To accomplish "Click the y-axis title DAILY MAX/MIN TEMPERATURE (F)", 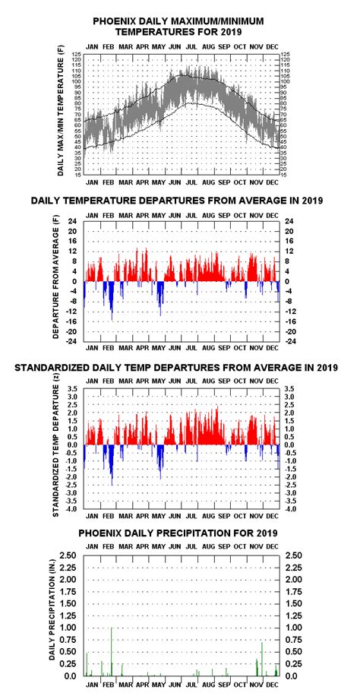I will click(60, 111).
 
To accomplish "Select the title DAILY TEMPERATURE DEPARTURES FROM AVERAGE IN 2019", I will click(179, 201).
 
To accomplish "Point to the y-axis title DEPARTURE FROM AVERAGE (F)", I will click(56, 281).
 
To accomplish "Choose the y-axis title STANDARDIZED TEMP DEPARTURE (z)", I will click(56, 451).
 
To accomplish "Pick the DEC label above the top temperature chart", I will click(272, 46).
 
